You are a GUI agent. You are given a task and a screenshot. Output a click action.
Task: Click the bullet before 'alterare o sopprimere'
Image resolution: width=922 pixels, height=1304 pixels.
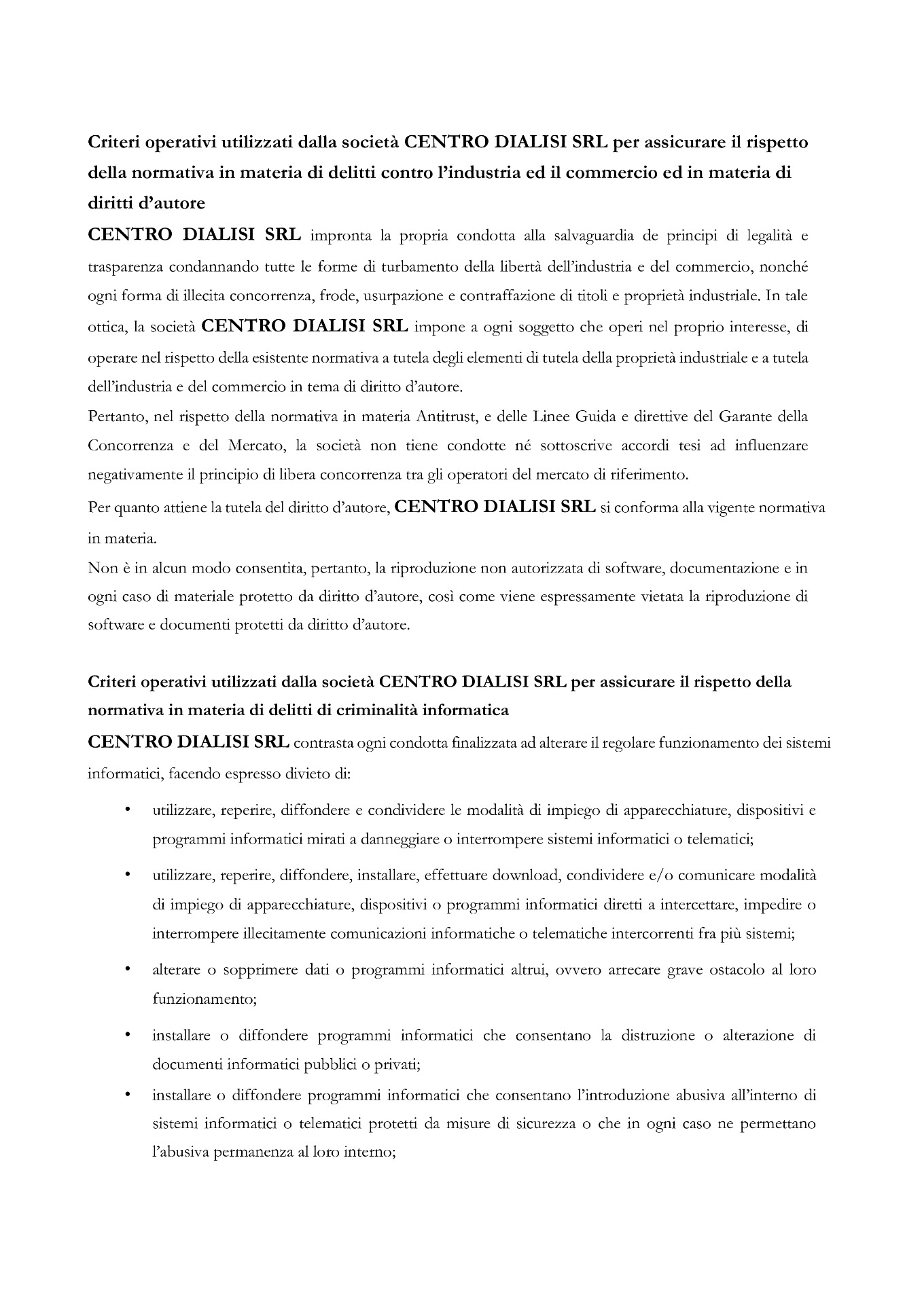[127, 970]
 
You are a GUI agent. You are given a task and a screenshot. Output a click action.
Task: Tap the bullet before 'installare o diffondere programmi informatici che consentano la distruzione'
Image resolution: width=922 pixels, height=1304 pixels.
[127, 1036]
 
